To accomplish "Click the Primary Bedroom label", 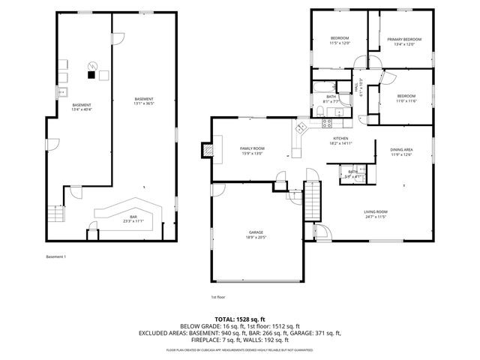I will point(404,39).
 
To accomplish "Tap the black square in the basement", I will point(90,74).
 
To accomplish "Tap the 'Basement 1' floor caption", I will point(56,257).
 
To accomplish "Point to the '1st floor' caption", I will point(218,297).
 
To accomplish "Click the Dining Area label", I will point(401,150).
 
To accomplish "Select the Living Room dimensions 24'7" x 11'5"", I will point(375,217).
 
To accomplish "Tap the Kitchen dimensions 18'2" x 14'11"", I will point(340,143).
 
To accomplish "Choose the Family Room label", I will point(252,148).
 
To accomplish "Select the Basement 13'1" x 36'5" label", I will point(144,103).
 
